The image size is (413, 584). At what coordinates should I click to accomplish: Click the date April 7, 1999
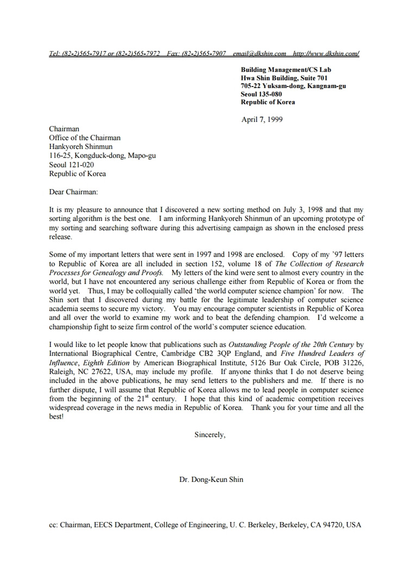point(261,120)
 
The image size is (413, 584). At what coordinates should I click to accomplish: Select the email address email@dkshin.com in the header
point(259,53)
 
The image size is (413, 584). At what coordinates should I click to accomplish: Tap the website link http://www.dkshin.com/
point(326,53)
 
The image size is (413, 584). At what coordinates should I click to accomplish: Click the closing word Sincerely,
point(210,434)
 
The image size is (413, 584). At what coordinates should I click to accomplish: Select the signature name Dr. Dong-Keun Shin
point(211,480)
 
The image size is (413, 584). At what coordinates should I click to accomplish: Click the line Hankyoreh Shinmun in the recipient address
point(80,147)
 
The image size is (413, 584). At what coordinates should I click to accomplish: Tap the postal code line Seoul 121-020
point(71,165)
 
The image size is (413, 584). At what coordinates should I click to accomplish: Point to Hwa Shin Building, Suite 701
point(284,78)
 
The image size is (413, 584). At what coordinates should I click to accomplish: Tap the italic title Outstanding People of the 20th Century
point(291,344)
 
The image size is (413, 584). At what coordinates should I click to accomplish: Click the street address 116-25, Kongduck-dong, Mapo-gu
point(102,156)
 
